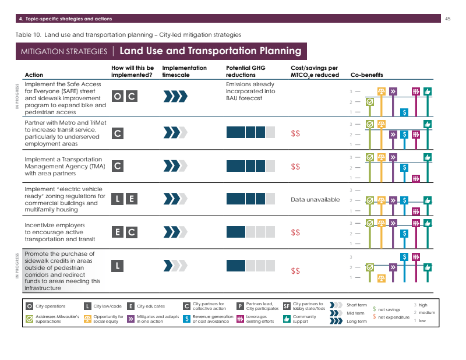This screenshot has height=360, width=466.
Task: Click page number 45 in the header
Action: pyautogui.click(x=448, y=19)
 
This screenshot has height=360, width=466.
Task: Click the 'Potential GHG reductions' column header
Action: pyautogui.click(x=241, y=72)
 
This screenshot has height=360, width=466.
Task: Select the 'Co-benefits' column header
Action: pyautogui.click(x=366, y=75)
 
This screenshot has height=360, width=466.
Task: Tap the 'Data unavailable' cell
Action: pyautogui.click(x=315, y=200)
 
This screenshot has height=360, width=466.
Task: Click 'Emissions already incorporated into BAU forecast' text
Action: pyautogui.click(x=250, y=91)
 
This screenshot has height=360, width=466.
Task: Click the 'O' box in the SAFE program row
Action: pyautogui.click(x=118, y=97)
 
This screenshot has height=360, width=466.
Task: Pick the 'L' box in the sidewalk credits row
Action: pyautogui.click(x=118, y=266)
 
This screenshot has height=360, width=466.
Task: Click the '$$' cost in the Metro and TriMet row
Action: pyautogui.click(x=295, y=133)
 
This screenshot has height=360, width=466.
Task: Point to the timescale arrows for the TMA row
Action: pyautogui.click(x=175, y=167)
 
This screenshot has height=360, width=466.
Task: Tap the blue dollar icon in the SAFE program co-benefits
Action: pyautogui.click(x=404, y=112)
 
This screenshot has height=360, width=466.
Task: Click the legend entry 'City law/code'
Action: pyautogui.click(x=107, y=306)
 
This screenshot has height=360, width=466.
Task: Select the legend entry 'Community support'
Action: pyautogui.click(x=304, y=319)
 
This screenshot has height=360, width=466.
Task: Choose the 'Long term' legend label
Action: pyautogui.click(x=356, y=322)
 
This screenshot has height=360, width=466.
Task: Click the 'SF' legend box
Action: pyautogui.click(x=287, y=306)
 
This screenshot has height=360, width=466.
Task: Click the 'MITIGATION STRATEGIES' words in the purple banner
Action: pyautogui.click(x=63, y=51)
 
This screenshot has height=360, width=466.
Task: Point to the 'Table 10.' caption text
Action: pyautogui.click(x=28, y=35)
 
